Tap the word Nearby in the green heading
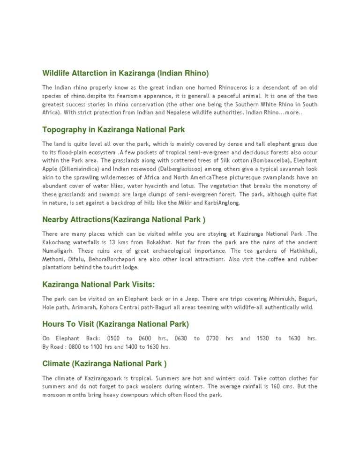pos(55,219)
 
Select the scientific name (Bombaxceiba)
pos(262,160)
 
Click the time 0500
pos(113,338)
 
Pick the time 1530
pos(262,338)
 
